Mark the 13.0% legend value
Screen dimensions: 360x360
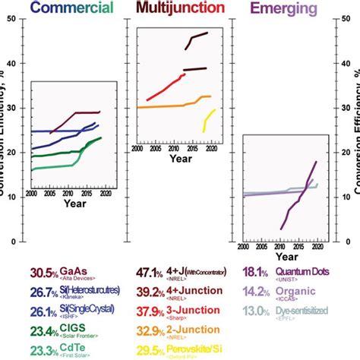(x=254, y=311)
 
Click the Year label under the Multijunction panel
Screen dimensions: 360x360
(x=181, y=160)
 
